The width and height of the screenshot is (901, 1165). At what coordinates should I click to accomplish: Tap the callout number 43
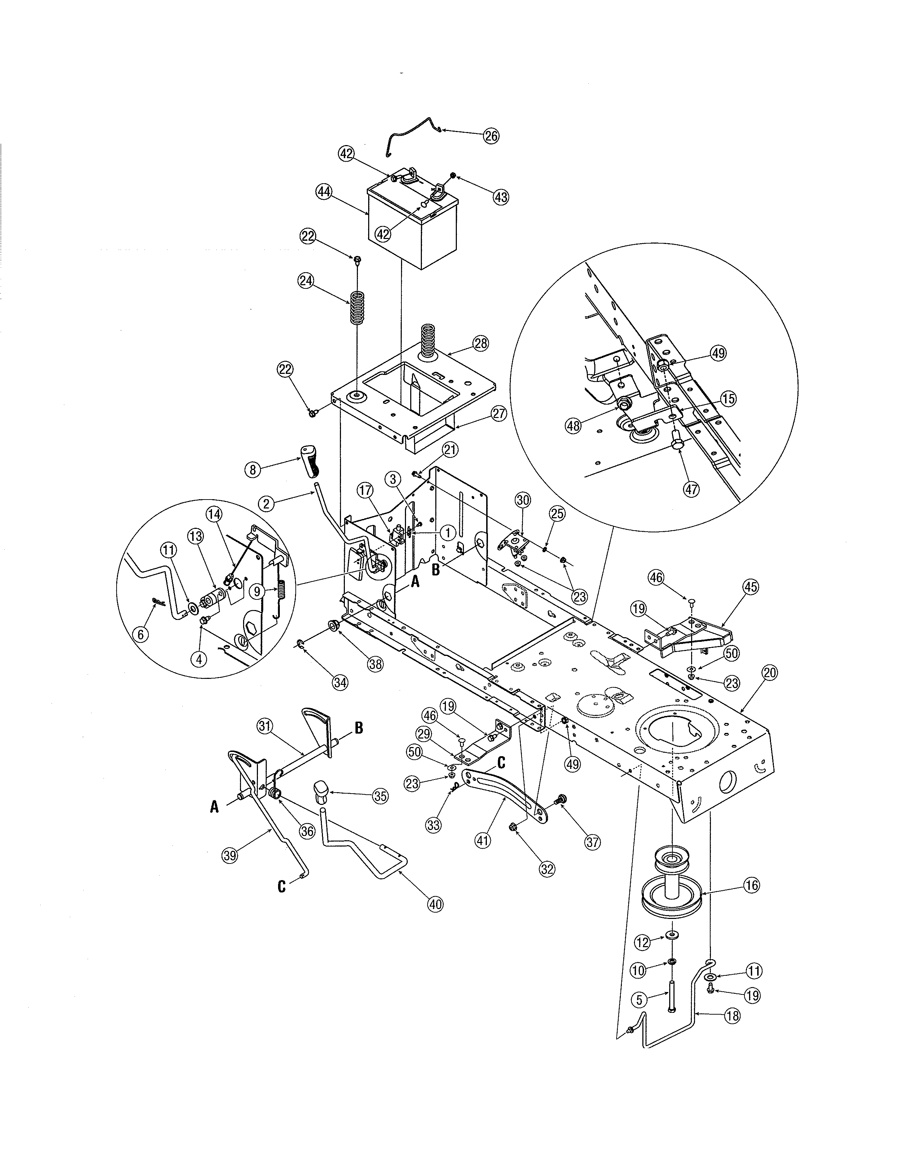click(x=500, y=197)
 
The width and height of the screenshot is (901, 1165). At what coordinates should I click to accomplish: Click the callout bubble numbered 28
click(x=481, y=343)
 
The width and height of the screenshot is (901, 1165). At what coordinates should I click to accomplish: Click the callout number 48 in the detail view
click(x=573, y=426)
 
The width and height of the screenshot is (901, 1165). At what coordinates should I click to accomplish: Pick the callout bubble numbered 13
click(x=194, y=536)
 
